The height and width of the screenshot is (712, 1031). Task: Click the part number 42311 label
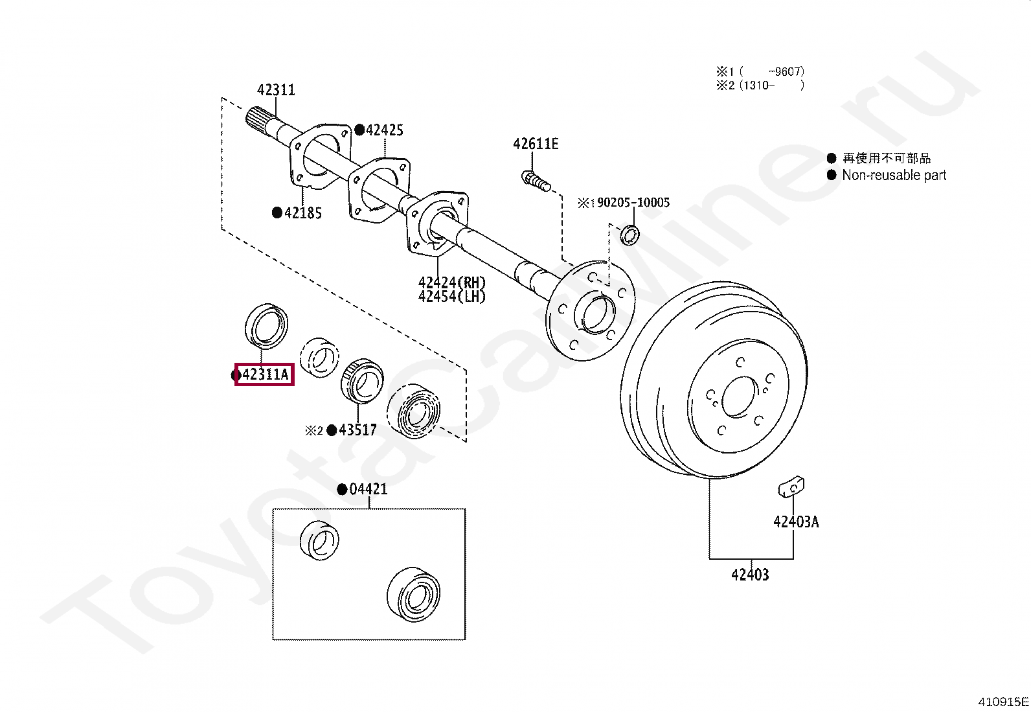click(x=276, y=90)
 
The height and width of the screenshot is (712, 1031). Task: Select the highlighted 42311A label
click(x=264, y=374)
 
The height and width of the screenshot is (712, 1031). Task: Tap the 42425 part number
click(x=384, y=130)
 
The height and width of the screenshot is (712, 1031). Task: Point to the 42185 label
click(x=302, y=213)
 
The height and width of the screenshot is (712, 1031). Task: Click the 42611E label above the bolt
click(x=536, y=144)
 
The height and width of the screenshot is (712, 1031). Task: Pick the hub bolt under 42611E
click(x=535, y=180)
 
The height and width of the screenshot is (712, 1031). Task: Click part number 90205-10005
click(x=633, y=203)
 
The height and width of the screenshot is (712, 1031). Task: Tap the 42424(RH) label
click(x=451, y=282)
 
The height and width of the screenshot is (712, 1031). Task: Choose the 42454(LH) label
click(x=451, y=297)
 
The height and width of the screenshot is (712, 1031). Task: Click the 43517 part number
click(x=357, y=430)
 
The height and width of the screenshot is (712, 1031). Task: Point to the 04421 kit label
click(x=368, y=489)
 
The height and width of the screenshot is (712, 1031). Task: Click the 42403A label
click(x=796, y=522)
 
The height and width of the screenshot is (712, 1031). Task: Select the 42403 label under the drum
click(x=750, y=575)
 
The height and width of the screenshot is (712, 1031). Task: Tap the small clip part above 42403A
click(x=791, y=487)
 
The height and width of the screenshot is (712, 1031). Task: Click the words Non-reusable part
click(x=894, y=175)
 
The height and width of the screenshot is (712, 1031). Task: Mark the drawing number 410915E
click(x=1003, y=702)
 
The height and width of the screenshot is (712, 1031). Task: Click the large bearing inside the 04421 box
click(x=414, y=593)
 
